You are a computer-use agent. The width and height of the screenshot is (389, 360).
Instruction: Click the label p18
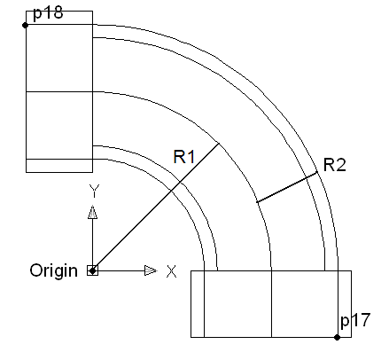click(x=48, y=13)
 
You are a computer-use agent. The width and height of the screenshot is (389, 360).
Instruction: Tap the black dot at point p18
click(x=26, y=26)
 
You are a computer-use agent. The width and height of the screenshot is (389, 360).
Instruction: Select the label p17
click(x=355, y=320)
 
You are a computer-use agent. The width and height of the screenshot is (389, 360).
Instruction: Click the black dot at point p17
click(x=337, y=337)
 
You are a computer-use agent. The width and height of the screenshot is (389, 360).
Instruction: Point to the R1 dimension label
click(x=184, y=157)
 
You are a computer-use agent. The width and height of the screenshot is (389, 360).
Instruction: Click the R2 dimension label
click(x=334, y=165)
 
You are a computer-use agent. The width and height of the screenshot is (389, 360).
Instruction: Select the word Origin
click(x=53, y=270)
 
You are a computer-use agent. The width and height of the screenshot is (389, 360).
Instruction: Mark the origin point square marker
click(x=92, y=270)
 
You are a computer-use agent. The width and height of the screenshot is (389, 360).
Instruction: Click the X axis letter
click(x=171, y=271)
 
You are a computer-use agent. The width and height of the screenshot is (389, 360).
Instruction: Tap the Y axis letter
click(x=94, y=191)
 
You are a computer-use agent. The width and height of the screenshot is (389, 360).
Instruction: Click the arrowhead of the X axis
click(x=151, y=270)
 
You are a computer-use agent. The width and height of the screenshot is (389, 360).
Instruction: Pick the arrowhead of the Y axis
click(x=92, y=212)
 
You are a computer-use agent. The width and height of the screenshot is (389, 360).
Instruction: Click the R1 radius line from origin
click(x=156, y=207)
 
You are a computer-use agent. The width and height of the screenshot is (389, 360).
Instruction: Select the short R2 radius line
click(x=287, y=187)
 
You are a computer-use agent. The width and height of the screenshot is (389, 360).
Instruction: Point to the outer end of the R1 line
click(x=219, y=144)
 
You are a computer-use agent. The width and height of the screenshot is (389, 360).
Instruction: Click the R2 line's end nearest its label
click(x=317, y=172)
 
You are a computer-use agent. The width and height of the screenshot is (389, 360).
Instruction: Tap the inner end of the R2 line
click(x=257, y=202)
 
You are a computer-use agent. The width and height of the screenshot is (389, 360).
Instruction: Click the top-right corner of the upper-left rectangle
click(x=92, y=12)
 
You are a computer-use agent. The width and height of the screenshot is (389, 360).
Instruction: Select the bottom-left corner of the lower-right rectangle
click(x=191, y=337)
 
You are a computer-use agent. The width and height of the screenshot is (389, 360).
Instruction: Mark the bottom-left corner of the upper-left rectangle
click(x=27, y=172)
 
